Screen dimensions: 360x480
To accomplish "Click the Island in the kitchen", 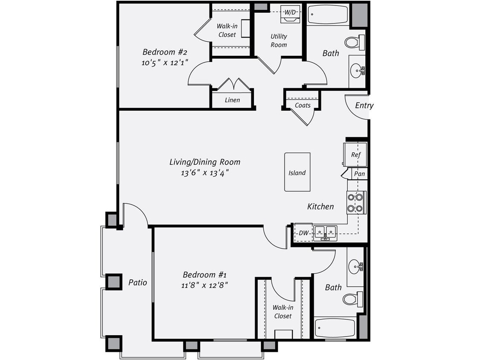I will pyautogui.click(x=297, y=172).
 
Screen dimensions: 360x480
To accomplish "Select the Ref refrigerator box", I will pyautogui.click(x=355, y=154).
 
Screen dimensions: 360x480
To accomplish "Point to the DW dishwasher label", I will pyautogui.click(x=303, y=233).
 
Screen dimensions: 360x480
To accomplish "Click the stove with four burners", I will pyautogui.click(x=355, y=203).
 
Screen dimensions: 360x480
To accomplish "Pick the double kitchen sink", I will pyautogui.click(x=325, y=232).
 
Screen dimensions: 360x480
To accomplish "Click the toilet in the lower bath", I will pyautogui.click(x=352, y=299).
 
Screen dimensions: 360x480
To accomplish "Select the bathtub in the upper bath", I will pyautogui.click(x=328, y=15).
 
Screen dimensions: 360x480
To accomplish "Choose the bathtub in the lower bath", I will pyautogui.click(x=335, y=328).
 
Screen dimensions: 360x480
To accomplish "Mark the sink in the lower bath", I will pyautogui.click(x=355, y=267).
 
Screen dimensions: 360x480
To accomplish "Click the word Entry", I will pyautogui.click(x=364, y=105).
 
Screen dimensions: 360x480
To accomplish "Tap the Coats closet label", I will pyautogui.click(x=303, y=105).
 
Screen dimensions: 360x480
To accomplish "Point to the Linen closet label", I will pyautogui.click(x=232, y=100).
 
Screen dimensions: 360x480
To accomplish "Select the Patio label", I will pyautogui.click(x=137, y=282).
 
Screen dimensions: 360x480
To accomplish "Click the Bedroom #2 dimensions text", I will pyautogui.click(x=165, y=62).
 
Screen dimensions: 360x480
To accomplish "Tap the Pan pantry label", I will pyautogui.click(x=359, y=174).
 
